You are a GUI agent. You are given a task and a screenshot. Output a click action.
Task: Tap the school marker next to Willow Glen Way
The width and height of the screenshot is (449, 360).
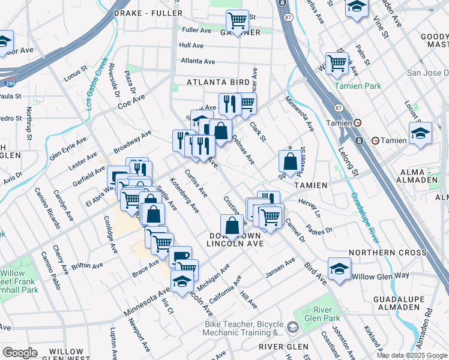coord(340,268)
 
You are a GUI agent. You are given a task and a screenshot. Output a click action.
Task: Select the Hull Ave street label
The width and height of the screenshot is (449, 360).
coord(191,46)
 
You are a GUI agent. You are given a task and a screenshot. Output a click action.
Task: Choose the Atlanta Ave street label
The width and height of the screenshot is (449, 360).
coord(198,61)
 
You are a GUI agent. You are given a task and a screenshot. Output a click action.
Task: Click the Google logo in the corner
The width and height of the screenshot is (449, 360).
coord(20,353)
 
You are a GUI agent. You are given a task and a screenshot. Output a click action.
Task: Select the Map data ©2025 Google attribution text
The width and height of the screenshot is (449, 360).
coord(412,355)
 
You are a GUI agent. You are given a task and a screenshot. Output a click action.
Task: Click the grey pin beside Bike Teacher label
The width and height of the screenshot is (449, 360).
coord(292,328)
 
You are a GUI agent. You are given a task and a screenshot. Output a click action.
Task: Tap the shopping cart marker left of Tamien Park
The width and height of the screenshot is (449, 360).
coord(337,62)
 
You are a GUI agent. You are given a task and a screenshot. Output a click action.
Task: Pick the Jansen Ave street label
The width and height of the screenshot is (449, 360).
coord(281,268)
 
